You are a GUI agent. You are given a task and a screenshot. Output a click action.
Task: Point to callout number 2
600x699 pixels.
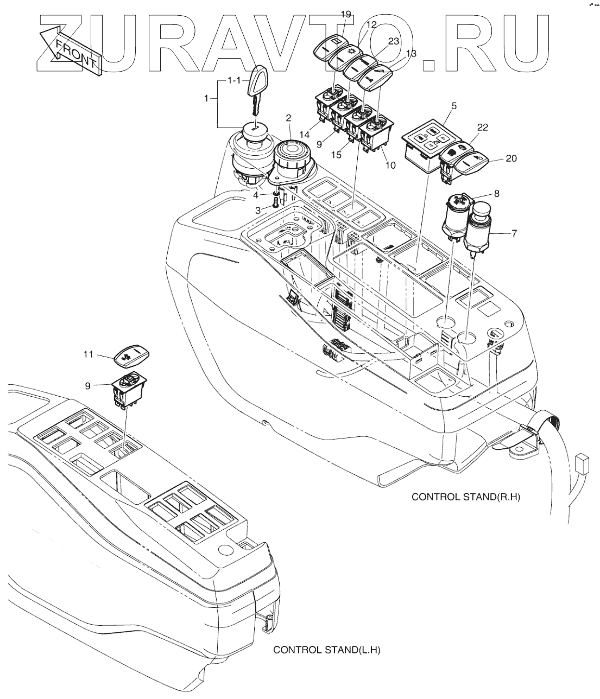[288, 117]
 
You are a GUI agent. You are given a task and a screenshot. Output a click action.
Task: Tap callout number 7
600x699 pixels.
[514, 233]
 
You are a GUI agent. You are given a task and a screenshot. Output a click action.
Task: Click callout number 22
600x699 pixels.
[482, 128]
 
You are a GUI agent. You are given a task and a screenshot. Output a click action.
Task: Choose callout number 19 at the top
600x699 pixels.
[346, 14]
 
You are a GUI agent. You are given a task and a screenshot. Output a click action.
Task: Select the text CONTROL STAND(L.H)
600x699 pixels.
[327, 650]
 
